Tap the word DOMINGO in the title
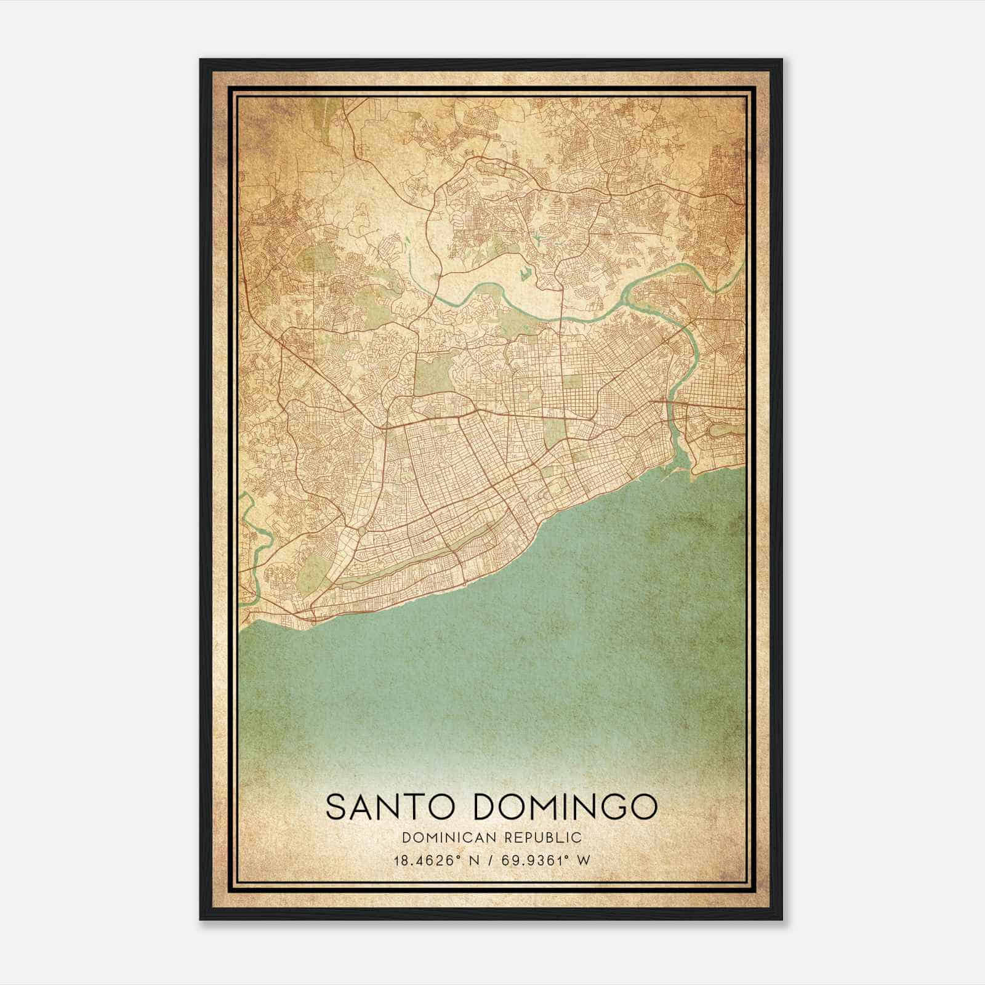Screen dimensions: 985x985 (x=565, y=806)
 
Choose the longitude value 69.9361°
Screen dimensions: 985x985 (x=530, y=860)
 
